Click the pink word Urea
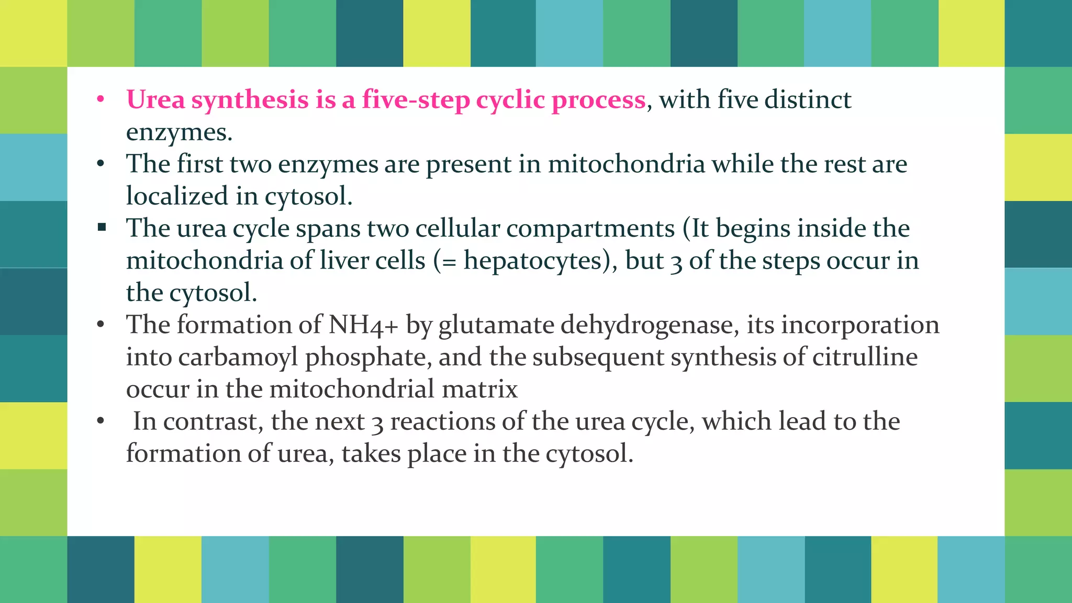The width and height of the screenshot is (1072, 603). tap(155, 99)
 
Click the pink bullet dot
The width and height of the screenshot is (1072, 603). tap(100, 99)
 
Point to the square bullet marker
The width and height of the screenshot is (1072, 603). tap(102, 227)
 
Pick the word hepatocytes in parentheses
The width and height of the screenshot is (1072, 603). tap(533, 261)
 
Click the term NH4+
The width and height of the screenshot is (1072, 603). tap(363, 325)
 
